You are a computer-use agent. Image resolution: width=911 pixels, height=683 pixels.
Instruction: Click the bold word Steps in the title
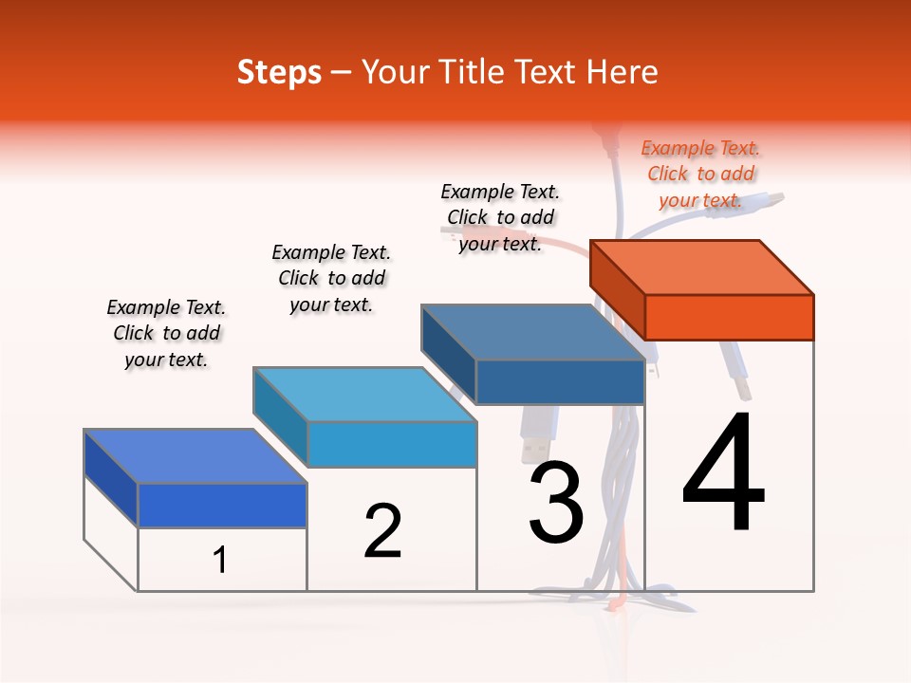coord(279,72)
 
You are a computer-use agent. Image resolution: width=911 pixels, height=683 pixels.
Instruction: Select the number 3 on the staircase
coord(556,502)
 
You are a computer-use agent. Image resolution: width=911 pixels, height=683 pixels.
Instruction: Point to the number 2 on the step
coord(382,531)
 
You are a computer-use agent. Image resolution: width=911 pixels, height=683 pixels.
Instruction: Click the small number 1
coord(220,560)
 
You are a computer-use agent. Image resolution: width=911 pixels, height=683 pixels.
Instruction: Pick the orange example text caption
coord(700,174)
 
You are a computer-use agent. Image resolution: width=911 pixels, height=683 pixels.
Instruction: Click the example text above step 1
coord(166,333)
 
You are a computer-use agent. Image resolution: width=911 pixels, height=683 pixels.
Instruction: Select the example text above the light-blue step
coord(331,278)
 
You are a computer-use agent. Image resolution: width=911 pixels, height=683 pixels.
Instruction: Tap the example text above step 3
coord(500,217)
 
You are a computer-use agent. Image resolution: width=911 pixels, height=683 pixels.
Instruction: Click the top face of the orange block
coord(702,267)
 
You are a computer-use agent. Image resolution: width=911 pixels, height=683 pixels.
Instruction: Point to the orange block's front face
coord(729,317)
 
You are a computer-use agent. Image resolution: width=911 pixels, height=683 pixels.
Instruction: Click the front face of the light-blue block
coord(392,444)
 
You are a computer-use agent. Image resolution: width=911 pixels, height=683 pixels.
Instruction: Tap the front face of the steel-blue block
coord(560,381)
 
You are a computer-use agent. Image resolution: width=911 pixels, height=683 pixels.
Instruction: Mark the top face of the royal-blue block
coord(195,455)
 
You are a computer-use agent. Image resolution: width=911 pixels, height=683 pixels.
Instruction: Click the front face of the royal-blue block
coord(222,505)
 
